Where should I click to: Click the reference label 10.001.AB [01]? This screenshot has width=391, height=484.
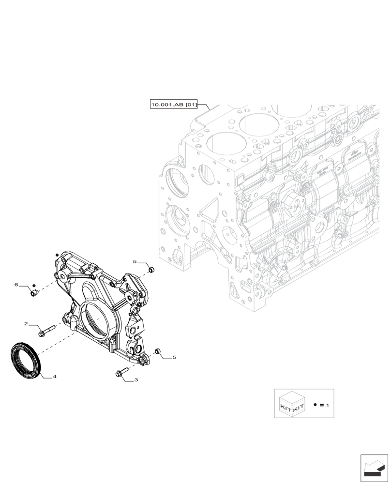174,105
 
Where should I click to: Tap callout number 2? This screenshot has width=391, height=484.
26,323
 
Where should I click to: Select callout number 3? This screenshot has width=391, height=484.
136,380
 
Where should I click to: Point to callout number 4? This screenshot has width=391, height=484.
55,376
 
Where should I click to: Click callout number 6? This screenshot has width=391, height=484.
16,285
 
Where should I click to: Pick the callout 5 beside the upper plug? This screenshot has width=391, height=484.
135,261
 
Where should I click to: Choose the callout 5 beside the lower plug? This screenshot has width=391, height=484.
174,357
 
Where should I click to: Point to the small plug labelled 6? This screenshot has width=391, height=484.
34,292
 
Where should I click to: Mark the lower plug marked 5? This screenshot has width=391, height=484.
157,350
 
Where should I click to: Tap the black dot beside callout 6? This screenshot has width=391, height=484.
34,285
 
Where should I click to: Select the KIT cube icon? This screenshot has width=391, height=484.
292,404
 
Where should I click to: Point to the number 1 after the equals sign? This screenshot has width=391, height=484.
328,404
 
